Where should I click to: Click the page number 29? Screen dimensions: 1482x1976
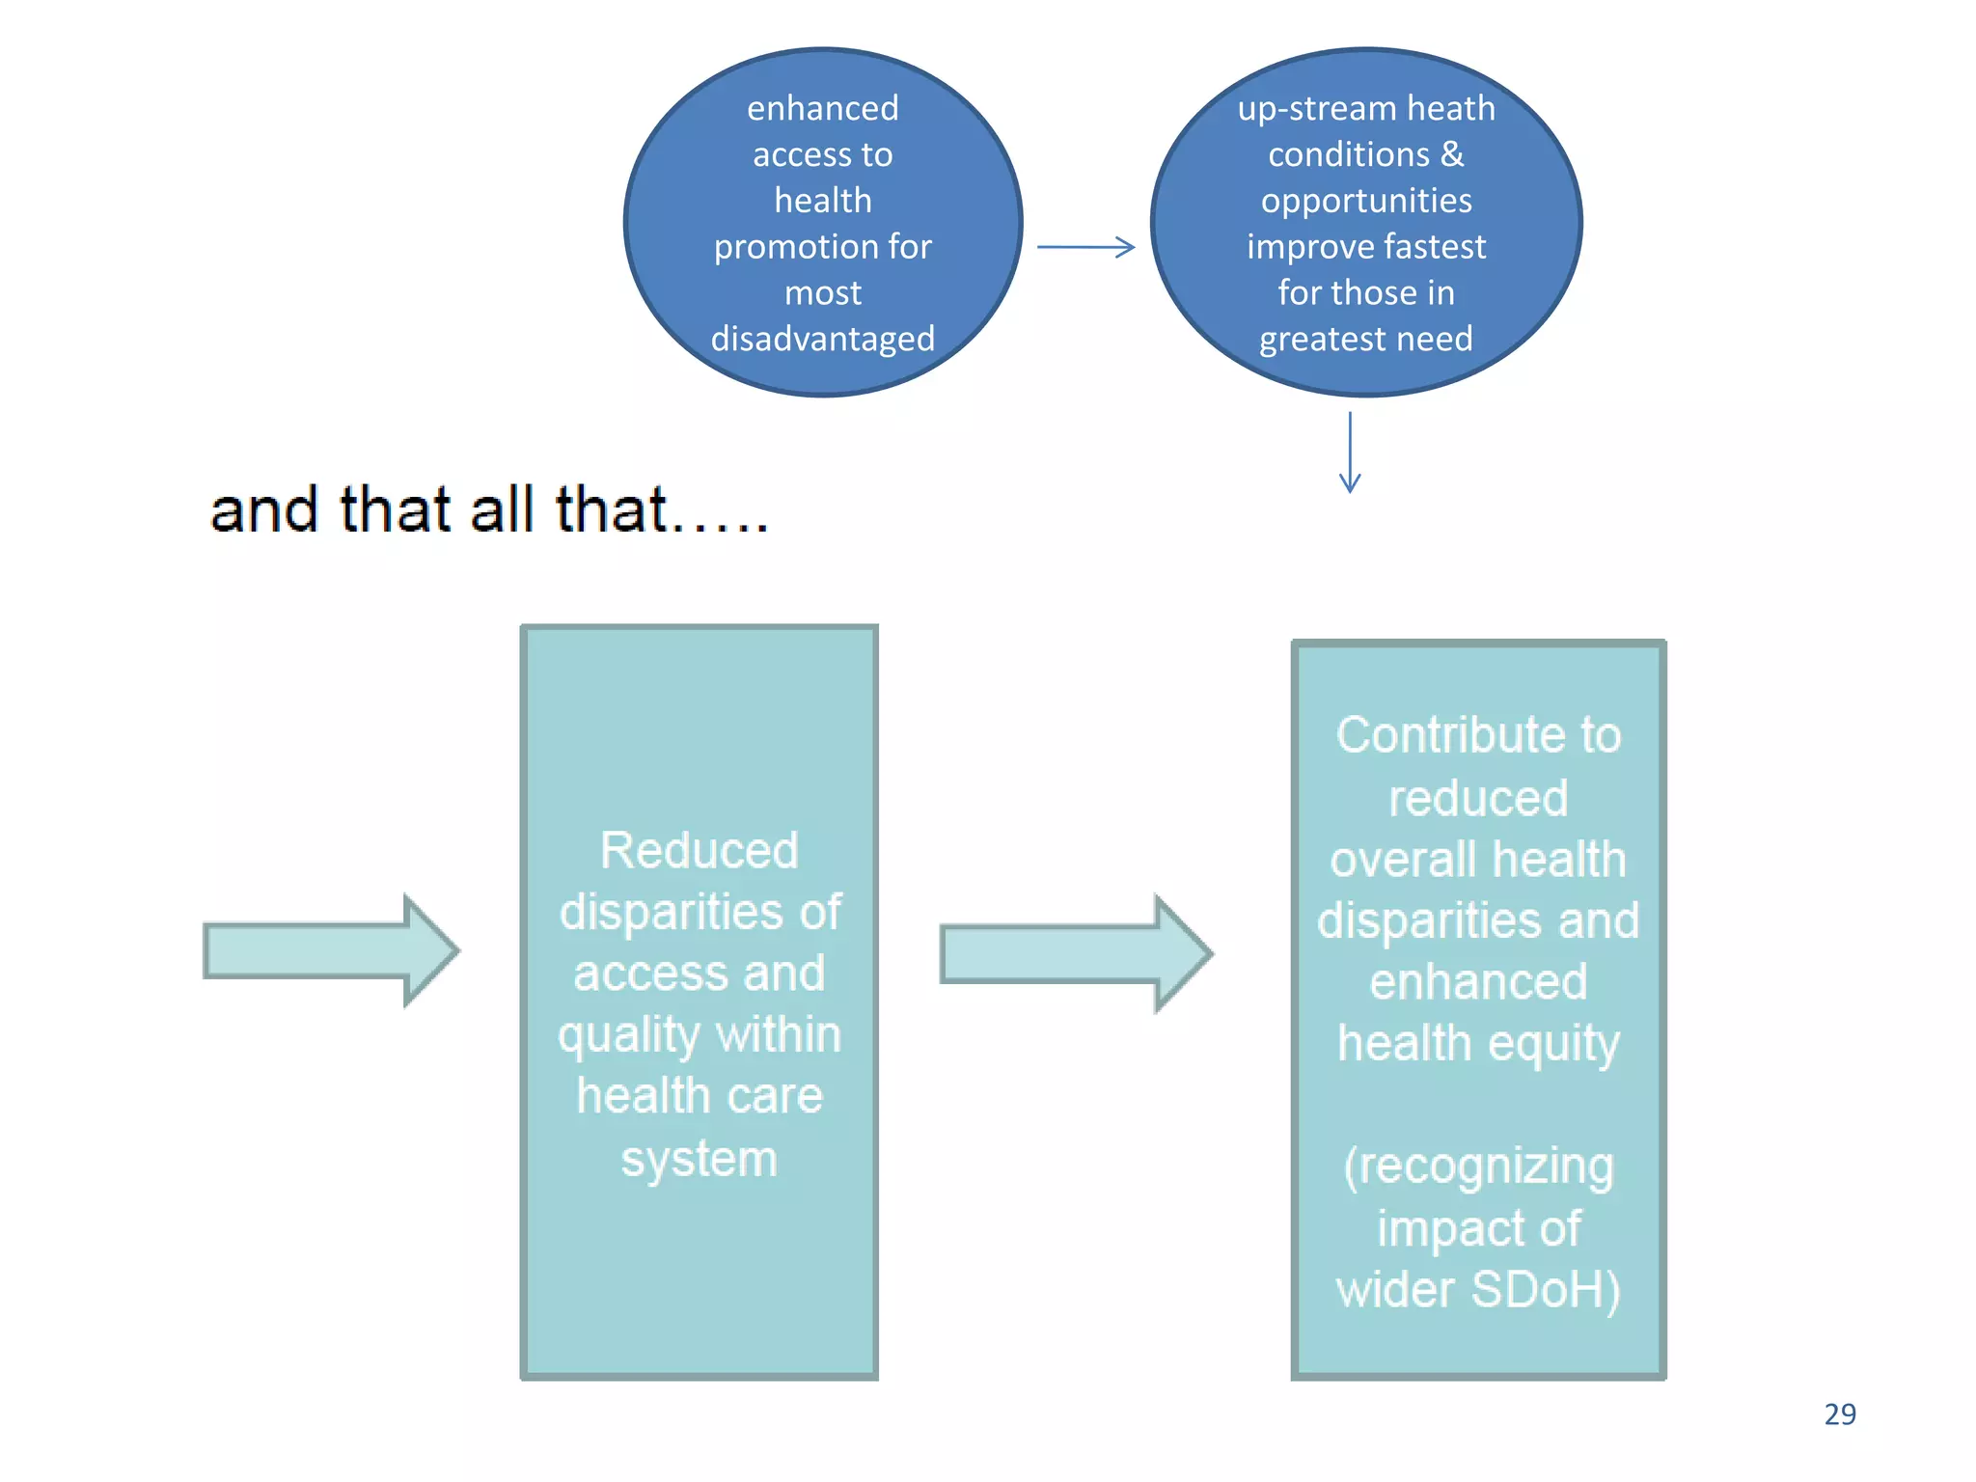[x=1839, y=1413]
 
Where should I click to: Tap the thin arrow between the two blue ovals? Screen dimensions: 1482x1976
[x=1085, y=247]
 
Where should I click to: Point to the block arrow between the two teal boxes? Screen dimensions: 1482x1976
[x=1075, y=953]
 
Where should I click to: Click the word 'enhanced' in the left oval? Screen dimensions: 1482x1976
[x=822, y=108]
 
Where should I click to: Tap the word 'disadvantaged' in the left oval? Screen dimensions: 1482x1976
[x=822, y=339]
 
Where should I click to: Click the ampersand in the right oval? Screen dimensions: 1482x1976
[x=1452, y=154]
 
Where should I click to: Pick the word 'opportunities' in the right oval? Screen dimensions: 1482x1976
[x=1366, y=201]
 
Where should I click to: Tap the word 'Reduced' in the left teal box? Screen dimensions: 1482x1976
[x=699, y=851]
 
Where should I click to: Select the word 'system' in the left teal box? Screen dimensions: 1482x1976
[x=699, y=1158]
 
